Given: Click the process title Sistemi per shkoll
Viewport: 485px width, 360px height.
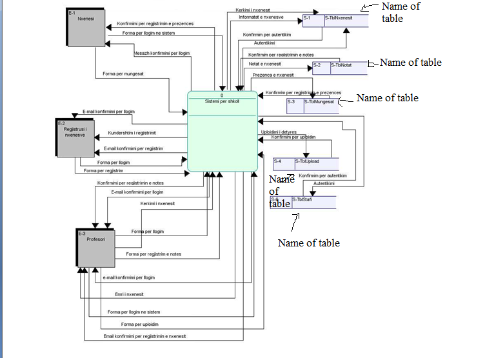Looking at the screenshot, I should [x=222, y=101].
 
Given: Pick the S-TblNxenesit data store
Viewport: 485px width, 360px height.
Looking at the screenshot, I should [x=345, y=19].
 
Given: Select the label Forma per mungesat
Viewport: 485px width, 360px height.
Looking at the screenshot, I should [x=123, y=74].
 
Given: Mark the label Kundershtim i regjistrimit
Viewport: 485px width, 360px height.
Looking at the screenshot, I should [x=132, y=133].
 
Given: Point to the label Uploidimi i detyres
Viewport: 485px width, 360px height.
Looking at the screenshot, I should [x=279, y=131].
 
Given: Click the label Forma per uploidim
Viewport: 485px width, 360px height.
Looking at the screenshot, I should [x=139, y=324].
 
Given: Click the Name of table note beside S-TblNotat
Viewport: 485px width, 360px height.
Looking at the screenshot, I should [x=410, y=63].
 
